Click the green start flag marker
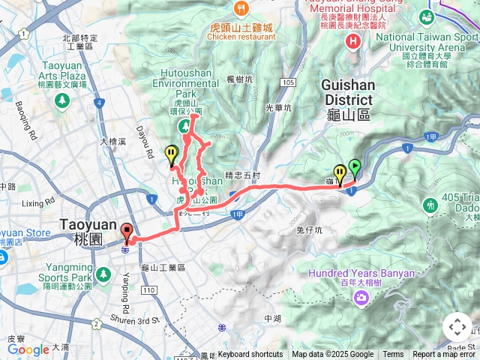354,169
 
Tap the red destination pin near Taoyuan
126,233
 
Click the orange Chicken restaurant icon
241,10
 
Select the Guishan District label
347,92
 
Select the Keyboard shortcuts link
250,355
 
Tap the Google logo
28,349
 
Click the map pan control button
457,327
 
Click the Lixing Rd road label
38,202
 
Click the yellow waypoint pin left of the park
172,155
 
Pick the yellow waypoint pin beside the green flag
340,174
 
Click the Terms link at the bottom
393,355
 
